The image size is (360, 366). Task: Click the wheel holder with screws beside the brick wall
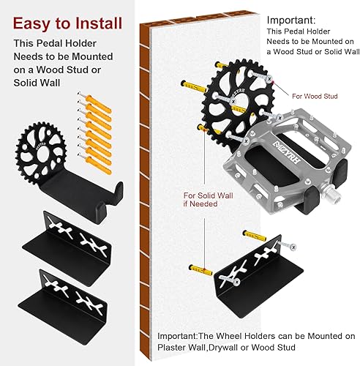click(x=252, y=268)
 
